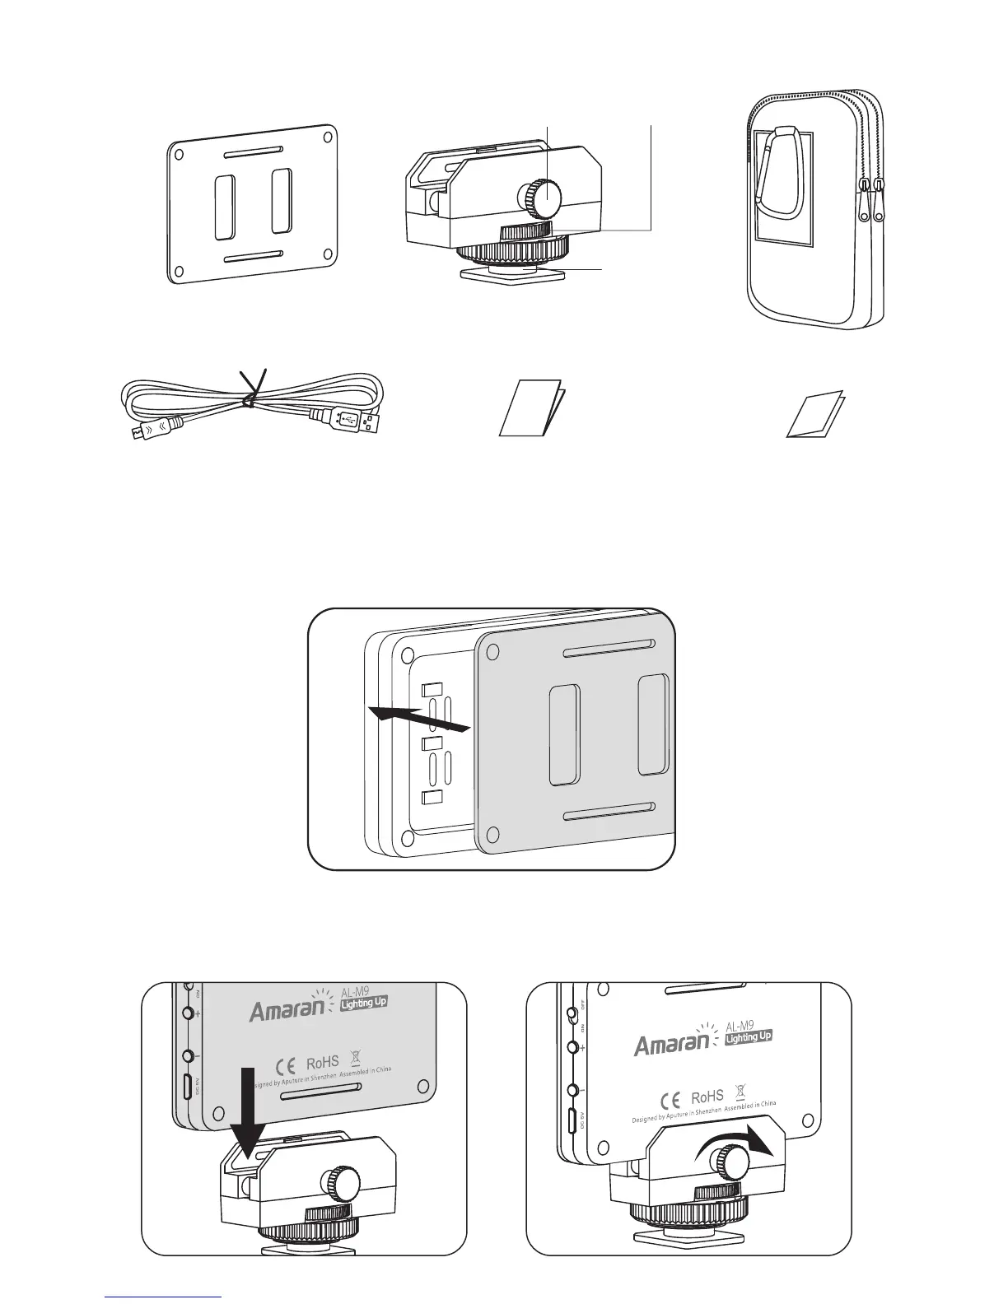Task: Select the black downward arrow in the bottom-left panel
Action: click(246, 1103)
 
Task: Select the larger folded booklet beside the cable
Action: click(530, 407)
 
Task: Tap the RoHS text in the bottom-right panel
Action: click(707, 1097)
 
